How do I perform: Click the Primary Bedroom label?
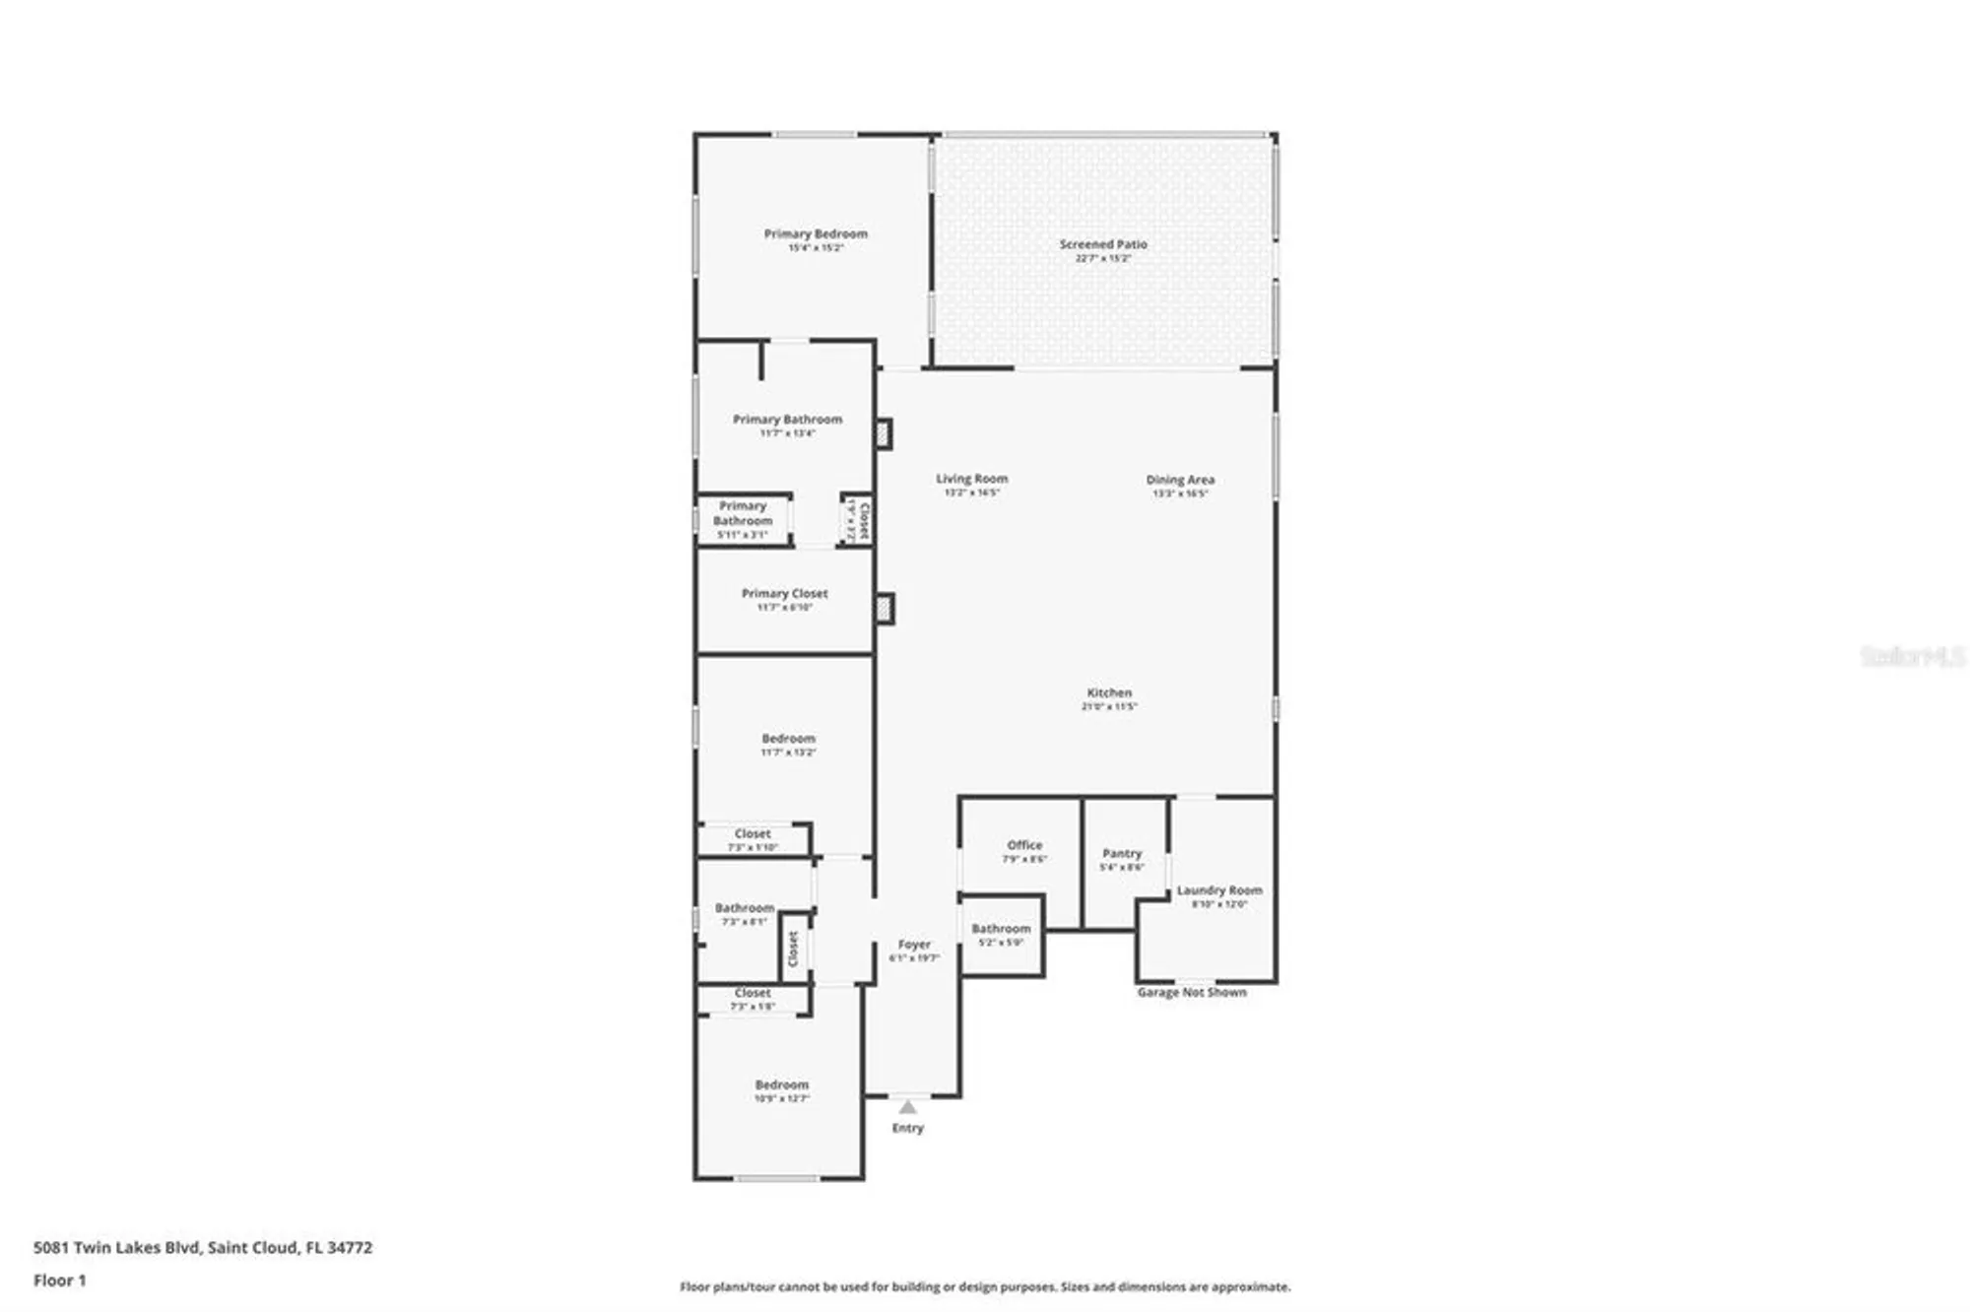pyautogui.click(x=816, y=234)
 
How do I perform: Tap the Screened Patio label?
pyautogui.click(x=1103, y=244)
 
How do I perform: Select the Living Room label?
pyautogui.click(x=971, y=479)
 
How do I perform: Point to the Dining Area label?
pyautogui.click(x=1180, y=480)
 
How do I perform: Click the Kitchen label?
pyautogui.click(x=1109, y=693)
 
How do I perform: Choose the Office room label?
pyautogui.click(x=1024, y=845)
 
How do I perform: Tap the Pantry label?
pyautogui.click(x=1122, y=854)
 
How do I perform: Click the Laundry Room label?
pyautogui.click(x=1218, y=890)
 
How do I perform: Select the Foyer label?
pyautogui.click(x=914, y=945)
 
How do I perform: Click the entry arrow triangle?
pyautogui.click(x=907, y=1107)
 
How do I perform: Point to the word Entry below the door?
pyautogui.click(x=907, y=1129)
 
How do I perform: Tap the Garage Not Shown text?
pyautogui.click(x=1192, y=993)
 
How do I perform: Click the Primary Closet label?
pyautogui.click(x=784, y=594)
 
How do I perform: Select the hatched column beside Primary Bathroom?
pyautogui.click(x=885, y=433)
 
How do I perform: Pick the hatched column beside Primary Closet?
pyautogui.click(x=885, y=609)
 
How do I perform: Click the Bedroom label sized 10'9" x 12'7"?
pyautogui.click(x=782, y=1084)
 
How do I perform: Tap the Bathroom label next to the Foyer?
pyautogui.click(x=1001, y=929)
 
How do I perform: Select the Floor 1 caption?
pyautogui.click(x=60, y=1280)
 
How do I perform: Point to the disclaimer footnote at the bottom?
pyautogui.click(x=985, y=1286)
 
